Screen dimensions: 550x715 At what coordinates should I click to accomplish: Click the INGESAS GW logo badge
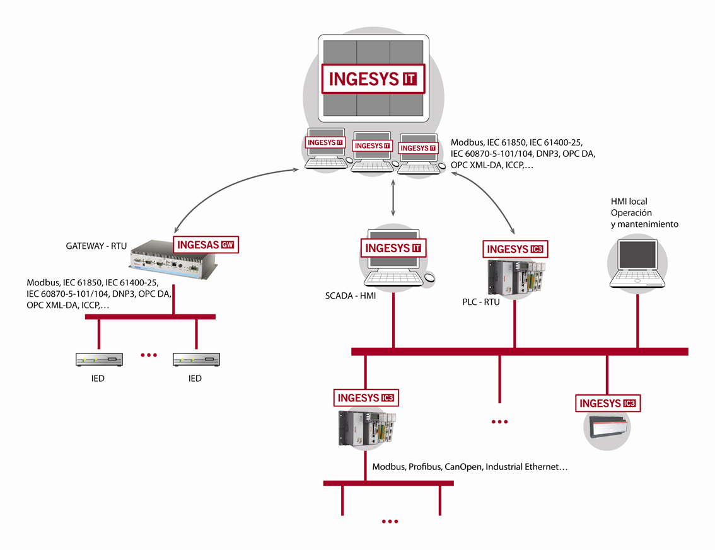(x=206, y=244)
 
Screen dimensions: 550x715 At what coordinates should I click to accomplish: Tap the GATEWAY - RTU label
(x=96, y=246)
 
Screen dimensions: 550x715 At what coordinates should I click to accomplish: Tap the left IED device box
(x=99, y=360)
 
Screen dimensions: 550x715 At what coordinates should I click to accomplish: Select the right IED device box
(x=196, y=360)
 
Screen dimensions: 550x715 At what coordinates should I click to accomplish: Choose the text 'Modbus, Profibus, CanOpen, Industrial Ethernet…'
(x=470, y=467)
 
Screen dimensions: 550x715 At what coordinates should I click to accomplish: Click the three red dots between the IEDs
(x=148, y=355)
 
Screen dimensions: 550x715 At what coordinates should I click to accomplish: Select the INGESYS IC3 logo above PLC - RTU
(x=514, y=249)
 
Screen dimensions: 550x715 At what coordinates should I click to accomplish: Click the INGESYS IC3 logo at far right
(x=607, y=404)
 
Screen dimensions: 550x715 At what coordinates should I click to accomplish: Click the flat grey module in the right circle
(x=608, y=430)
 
